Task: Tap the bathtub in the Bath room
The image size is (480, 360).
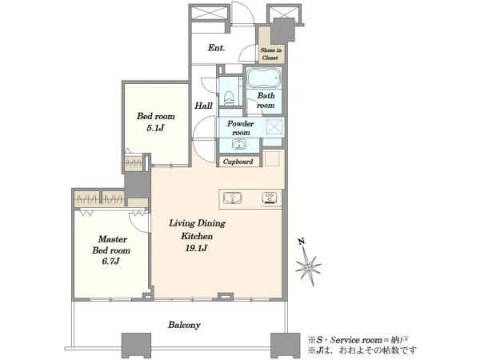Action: click(264, 78)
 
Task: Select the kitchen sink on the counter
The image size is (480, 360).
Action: click(233, 198)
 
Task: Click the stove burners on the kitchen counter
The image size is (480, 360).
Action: click(270, 198)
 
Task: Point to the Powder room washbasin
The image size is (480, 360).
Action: click(238, 145)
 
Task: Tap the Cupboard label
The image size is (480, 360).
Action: click(238, 162)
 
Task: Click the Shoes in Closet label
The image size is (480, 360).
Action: click(270, 54)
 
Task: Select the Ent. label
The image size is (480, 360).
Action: click(217, 47)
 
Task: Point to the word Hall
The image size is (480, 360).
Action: click(203, 106)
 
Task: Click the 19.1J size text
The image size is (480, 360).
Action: click(196, 248)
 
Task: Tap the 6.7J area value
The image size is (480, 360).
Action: click(110, 261)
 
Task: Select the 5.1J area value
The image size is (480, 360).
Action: click(155, 128)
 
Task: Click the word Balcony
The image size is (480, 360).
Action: click(184, 325)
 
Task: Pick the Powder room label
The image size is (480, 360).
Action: click(241, 128)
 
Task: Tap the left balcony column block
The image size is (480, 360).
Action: click(136, 346)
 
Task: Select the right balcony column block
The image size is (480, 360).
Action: click(286, 346)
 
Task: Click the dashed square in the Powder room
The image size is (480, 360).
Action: click(274, 126)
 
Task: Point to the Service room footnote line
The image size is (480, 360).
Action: click(358, 340)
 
